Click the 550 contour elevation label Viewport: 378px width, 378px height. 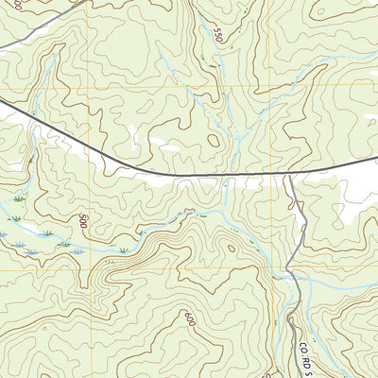tap(220, 37)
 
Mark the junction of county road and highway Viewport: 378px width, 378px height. tap(288, 174)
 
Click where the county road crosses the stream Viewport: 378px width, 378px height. tap(296, 279)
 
